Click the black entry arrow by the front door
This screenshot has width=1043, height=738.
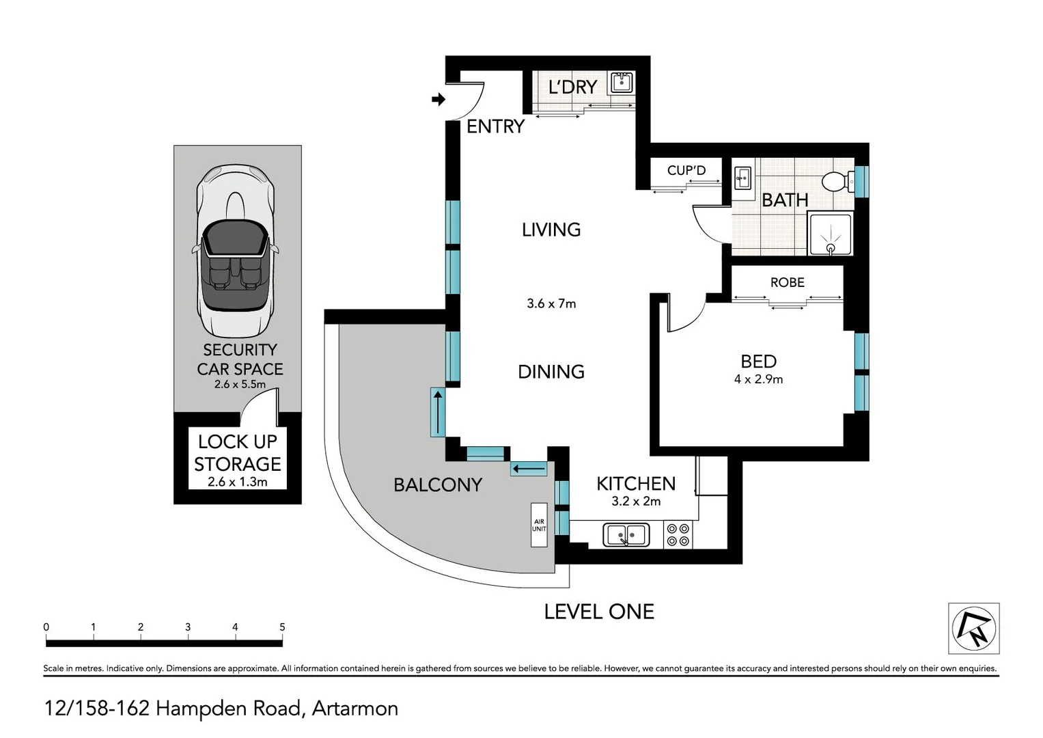tap(439, 100)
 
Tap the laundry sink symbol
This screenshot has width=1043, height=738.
tap(622, 83)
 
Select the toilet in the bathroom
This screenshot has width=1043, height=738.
tap(836, 182)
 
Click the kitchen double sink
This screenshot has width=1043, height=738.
tap(626, 535)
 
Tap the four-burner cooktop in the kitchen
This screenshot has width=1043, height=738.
tap(678, 535)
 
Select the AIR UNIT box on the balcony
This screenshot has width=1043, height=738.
tap(539, 525)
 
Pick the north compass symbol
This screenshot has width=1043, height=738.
tap(974, 628)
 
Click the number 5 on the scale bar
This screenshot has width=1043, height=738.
tap(282, 627)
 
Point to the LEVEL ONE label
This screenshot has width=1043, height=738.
tap(599, 612)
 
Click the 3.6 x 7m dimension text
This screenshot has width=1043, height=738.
tap(551, 303)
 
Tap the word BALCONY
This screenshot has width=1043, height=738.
tap(438, 484)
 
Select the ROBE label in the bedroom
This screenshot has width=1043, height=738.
tap(787, 282)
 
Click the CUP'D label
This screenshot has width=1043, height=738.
tap(686, 170)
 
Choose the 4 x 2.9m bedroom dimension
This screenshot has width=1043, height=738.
tap(758, 379)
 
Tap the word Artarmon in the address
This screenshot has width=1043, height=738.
tap(355, 709)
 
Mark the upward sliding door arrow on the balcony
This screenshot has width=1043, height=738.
tap(437, 412)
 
